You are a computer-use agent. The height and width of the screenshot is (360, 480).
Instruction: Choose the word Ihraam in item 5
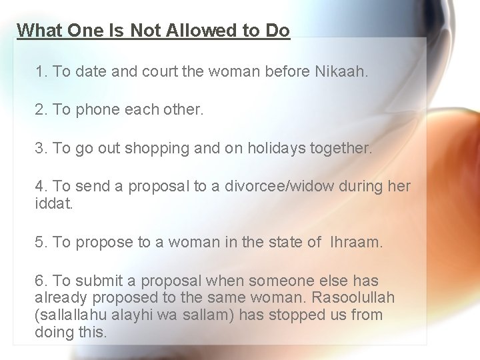[x=355, y=243]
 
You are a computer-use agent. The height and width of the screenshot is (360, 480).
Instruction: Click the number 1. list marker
[x=41, y=71]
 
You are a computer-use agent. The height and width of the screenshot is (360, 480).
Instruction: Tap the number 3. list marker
[x=41, y=148]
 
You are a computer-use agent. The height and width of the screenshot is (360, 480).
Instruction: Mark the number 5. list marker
[x=41, y=243]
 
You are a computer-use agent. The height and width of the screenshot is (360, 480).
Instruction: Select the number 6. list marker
[x=41, y=281]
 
